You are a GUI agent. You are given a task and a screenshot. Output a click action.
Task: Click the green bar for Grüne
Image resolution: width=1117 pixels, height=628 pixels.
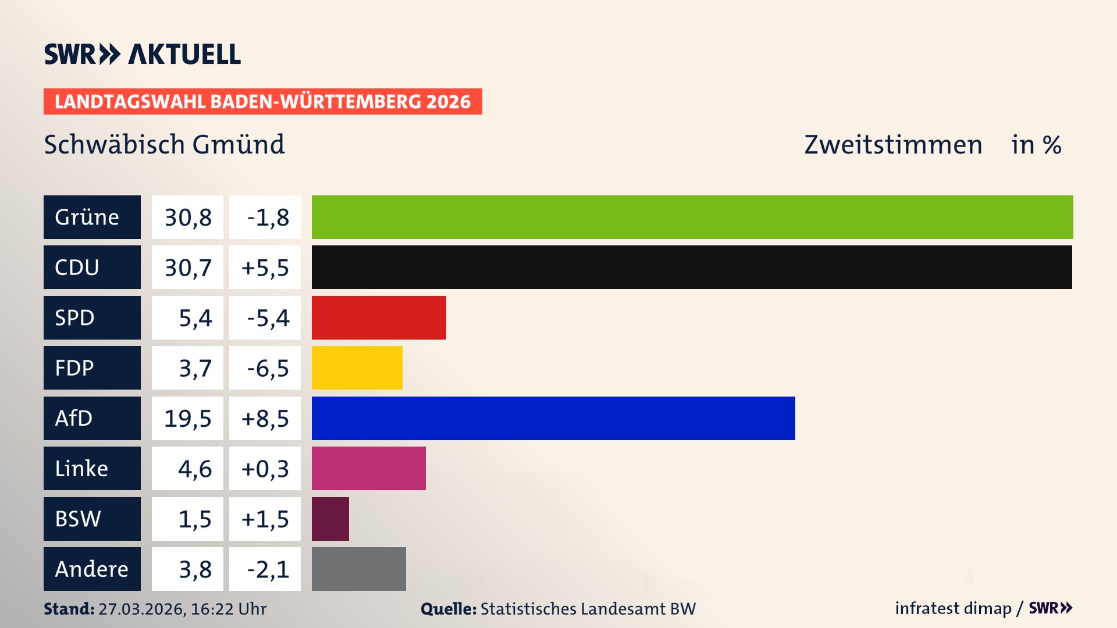[692, 217]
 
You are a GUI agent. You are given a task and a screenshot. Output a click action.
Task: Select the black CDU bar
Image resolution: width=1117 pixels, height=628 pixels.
[692, 267]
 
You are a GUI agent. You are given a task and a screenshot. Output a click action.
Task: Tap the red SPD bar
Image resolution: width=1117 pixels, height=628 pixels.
[379, 317]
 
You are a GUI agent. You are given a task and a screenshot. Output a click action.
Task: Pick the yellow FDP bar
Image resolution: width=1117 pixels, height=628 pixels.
[357, 367]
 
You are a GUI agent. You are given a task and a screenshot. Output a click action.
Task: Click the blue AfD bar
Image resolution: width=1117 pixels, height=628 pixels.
[553, 418]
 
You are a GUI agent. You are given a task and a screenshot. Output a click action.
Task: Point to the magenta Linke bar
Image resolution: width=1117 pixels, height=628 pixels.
[368, 468]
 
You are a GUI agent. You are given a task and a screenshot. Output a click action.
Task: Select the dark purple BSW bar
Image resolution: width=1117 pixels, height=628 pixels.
[330, 519]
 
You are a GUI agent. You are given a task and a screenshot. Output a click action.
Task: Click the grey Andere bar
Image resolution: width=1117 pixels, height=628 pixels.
[358, 569]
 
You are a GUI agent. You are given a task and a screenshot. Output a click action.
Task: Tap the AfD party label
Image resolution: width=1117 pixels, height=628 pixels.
[92, 418]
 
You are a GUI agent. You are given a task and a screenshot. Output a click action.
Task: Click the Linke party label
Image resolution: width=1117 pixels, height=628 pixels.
[92, 468]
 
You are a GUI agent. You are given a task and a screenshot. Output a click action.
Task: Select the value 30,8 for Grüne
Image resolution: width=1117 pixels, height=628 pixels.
[187, 217]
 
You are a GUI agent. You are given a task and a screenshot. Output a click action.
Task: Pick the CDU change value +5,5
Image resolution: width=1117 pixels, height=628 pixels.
[265, 267]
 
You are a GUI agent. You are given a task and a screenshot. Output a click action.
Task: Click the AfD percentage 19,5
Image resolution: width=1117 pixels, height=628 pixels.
[187, 418]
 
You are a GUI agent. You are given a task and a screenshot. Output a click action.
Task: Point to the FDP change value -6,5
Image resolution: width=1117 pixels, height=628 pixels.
[265, 367]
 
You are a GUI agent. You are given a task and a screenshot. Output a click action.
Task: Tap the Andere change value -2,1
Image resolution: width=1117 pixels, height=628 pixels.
[265, 569]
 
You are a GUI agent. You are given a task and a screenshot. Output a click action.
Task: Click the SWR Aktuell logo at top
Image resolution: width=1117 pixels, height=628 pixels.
[143, 54]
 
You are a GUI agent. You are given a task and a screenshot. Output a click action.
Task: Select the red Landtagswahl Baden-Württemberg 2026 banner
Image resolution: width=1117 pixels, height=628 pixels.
[262, 101]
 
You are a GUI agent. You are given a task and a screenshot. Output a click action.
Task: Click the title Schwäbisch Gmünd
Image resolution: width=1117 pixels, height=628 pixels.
[164, 144]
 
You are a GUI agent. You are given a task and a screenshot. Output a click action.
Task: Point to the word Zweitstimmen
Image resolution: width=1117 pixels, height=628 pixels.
[893, 144]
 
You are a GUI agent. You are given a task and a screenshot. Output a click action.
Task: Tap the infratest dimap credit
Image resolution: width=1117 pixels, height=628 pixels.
[953, 608]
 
